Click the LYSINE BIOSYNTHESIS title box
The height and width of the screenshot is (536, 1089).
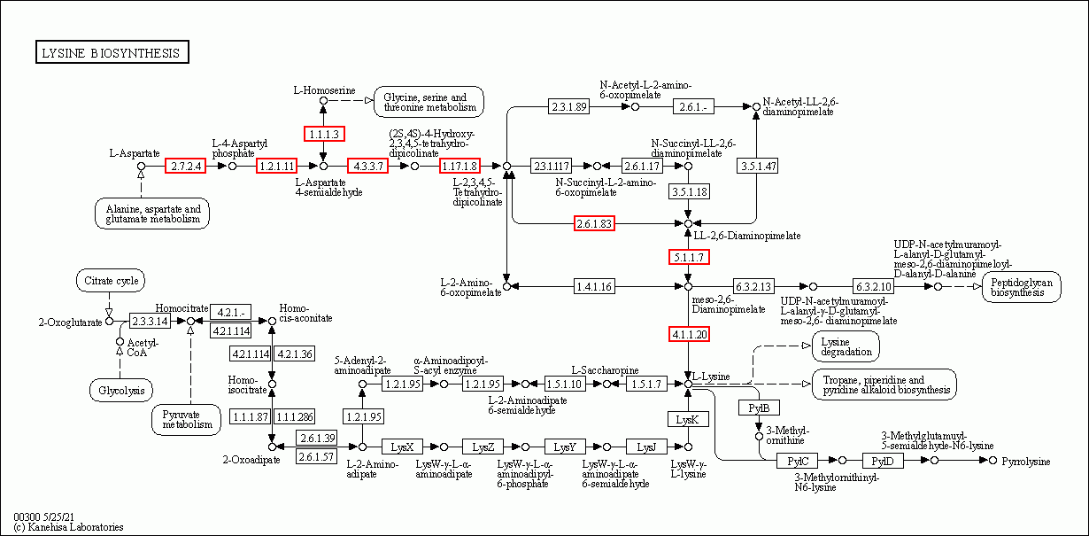[112, 52]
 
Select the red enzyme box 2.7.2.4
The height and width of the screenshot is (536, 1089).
[186, 166]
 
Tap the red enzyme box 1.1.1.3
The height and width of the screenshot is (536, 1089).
[324, 134]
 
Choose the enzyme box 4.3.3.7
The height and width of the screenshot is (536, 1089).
[368, 166]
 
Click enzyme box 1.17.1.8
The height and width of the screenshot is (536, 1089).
[460, 166]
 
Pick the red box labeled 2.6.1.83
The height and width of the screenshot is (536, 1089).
[594, 223]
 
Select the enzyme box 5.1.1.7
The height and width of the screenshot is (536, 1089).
[689, 257]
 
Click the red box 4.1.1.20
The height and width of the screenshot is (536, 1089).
[689, 335]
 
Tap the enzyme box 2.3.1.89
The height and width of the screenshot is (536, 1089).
[568, 106]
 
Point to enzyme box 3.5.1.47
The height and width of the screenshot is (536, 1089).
[758, 166]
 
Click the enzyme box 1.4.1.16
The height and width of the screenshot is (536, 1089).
[594, 286]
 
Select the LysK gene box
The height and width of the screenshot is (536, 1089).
[688, 419]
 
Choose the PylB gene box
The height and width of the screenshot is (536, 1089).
[759, 408]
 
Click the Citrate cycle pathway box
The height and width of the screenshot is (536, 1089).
[111, 281]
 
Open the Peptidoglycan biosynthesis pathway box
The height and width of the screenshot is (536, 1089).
[1022, 287]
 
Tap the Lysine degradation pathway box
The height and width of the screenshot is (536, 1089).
[846, 346]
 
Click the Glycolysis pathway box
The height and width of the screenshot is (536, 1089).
[121, 390]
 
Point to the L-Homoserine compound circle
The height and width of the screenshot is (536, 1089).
[323, 101]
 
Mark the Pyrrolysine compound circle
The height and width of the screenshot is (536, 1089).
[992, 460]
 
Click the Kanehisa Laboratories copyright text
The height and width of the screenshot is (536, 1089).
[68, 527]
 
